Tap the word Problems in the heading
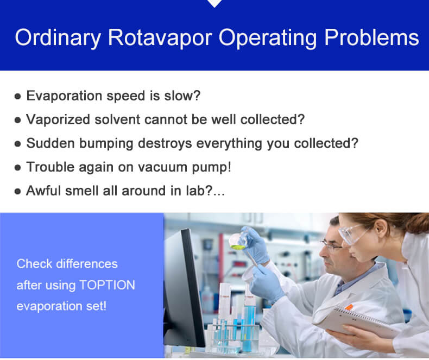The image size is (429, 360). [372, 38]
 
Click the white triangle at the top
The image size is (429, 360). [215, 3]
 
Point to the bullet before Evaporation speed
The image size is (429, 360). [18, 97]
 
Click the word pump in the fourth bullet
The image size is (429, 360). [213, 167]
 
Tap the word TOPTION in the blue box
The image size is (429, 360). [106, 285]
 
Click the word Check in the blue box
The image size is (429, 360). [34, 264]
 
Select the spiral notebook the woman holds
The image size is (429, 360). [359, 320]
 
